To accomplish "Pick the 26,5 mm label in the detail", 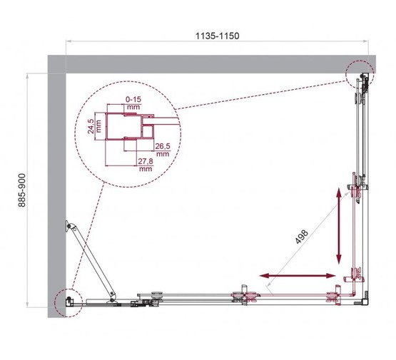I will click(163, 149).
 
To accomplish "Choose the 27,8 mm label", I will click(146, 165).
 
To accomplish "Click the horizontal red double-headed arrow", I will click(297, 274).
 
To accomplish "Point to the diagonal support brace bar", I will click(92, 261).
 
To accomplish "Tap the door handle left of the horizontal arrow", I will click(245, 294).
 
